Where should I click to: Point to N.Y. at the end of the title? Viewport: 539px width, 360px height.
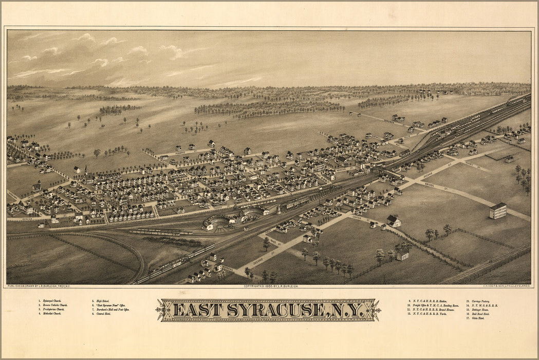pos(347,311)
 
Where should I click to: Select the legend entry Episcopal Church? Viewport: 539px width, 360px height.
pos(51,301)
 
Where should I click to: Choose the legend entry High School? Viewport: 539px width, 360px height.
pos(101,301)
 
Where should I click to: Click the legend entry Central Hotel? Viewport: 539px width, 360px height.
pos(103,314)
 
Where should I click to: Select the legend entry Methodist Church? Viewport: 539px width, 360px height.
pos(51,314)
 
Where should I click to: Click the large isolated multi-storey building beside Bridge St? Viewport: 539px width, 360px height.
pos(497,210)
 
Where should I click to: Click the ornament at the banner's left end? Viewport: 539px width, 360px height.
pos(164,311)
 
